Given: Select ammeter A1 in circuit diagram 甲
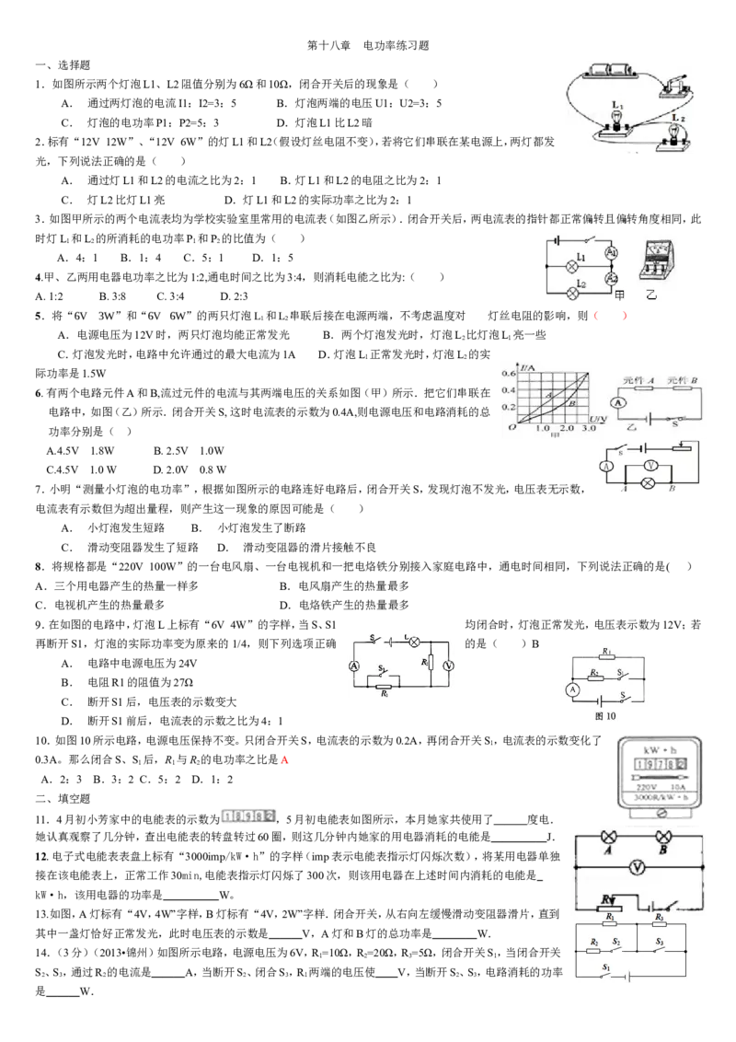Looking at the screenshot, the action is click(611, 252).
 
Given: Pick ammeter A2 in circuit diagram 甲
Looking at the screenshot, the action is click(611, 279).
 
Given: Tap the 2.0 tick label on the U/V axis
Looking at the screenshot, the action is click(566, 429).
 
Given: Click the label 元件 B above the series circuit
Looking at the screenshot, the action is click(683, 381).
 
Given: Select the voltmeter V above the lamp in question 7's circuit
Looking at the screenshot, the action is click(651, 466).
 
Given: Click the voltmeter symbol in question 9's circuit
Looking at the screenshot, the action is click(448, 666).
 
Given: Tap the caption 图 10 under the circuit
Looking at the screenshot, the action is click(605, 716).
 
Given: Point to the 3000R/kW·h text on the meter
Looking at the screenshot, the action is click(661, 796).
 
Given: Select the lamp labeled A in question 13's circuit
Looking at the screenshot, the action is click(608, 838).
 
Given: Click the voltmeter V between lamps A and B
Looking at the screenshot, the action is click(638, 866).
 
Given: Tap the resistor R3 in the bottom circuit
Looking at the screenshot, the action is click(659, 926).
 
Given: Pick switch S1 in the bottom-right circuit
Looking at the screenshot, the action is click(607, 973).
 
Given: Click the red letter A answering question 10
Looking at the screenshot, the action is click(284, 759).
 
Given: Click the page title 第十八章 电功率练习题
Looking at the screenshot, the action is click(368, 46).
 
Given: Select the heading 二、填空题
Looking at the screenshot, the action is click(63, 799).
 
